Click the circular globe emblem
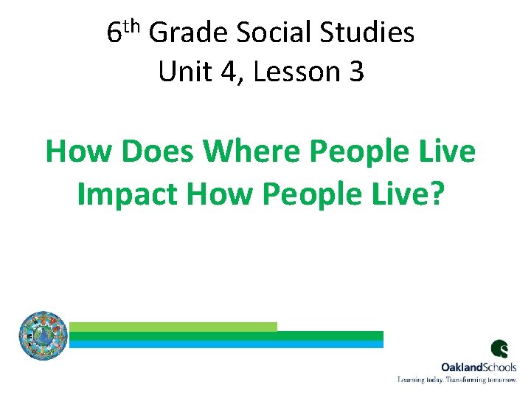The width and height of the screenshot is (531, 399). click(x=43, y=335)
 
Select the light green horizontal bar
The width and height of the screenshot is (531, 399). click(x=173, y=327)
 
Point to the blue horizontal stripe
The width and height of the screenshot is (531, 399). click(x=226, y=344)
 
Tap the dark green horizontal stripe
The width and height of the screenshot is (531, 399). click(x=226, y=335)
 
